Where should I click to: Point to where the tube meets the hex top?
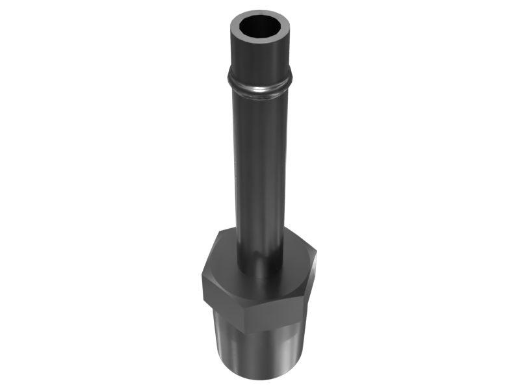click(259, 276)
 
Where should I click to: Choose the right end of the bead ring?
click(289, 83)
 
